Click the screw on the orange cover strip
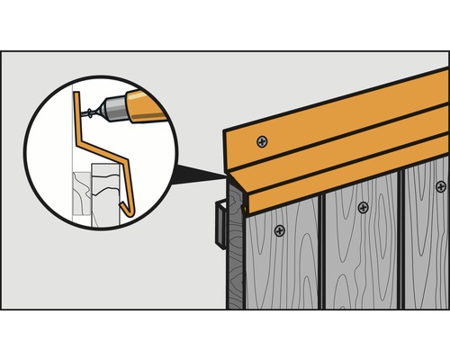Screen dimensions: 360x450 [262, 141]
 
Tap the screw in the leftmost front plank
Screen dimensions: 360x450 [281, 229]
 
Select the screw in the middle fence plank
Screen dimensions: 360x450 [363, 207]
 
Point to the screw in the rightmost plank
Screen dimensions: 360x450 [440, 186]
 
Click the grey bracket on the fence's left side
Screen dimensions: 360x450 [219, 225]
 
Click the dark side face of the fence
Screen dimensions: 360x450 [235, 261]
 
